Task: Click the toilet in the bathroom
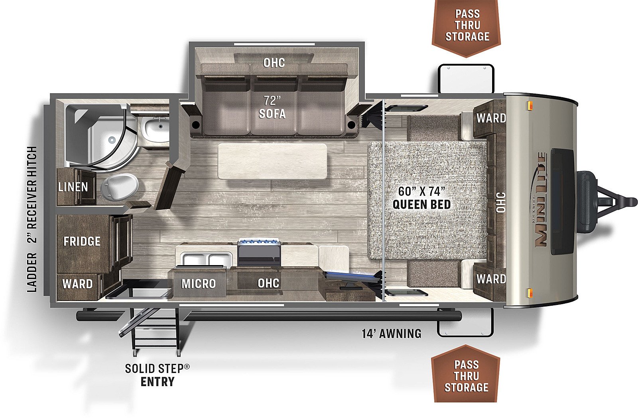tap(120, 187)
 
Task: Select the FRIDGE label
tap(82, 241)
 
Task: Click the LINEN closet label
tap(73, 187)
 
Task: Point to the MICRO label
tap(199, 283)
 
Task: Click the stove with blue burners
tap(259, 252)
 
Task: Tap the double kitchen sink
tap(207, 259)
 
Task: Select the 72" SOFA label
tap(272, 107)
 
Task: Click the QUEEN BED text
tap(421, 205)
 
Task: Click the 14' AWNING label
tap(391, 334)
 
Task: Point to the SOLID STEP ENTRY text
tap(157, 375)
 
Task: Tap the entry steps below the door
tap(155, 333)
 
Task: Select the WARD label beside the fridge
tap(77, 284)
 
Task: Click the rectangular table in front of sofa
tap(272, 161)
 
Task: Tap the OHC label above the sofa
tap(274, 63)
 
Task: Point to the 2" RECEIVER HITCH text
tap(32, 195)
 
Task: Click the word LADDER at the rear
tap(32, 272)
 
